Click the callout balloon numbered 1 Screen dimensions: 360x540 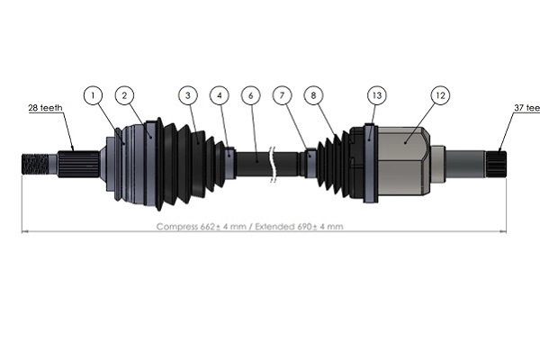pyautogui.click(x=94, y=94)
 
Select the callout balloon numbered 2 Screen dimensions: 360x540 pyautogui.click(x=125, y=94)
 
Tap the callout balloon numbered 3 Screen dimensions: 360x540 pyautogui.click(x=187, y=94)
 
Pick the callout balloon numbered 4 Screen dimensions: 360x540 pyautogui.click(x=219, y=94)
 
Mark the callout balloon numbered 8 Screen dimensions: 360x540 pyautogui.click(x=312, y=94)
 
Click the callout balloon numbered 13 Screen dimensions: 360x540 pyautogui.click(x=375, y=94)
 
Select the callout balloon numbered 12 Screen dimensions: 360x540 pyautogui.click(x=438, y=94)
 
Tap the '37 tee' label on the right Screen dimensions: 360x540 pyautogui.click(x=526, y=108)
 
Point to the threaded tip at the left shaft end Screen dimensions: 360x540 pyautogui.click(x=33, y=164)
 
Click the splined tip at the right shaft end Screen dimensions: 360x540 pyautogui.click(x=497, y=163)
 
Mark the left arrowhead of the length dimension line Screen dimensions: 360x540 pyautogui.click(x=23, y=232)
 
